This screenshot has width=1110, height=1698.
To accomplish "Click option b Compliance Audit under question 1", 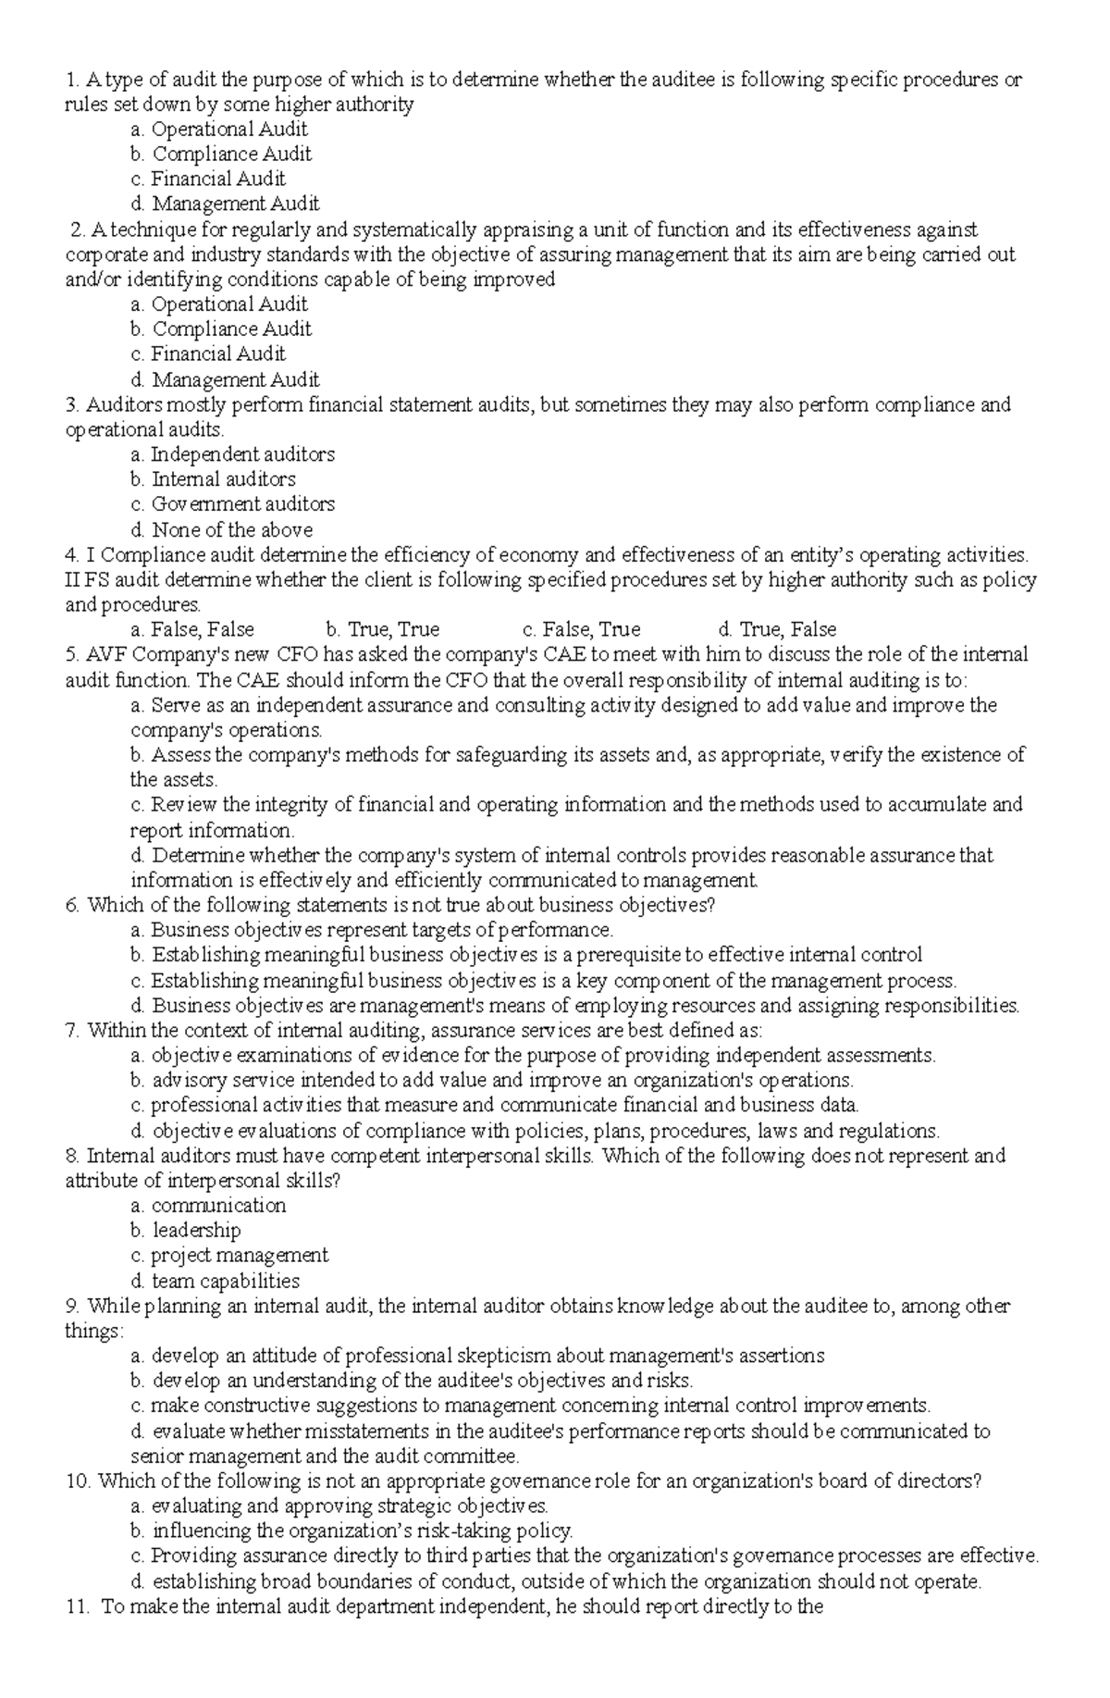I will click(x=231, y=154).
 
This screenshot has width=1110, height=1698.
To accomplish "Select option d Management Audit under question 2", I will click(x=235, y=379).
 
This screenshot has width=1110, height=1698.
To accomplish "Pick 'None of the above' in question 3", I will click(x=232, y=530).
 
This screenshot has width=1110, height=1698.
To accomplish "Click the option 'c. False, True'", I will click(x=581, y=630).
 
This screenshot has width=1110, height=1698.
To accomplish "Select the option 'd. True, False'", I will click(x=777, y=630).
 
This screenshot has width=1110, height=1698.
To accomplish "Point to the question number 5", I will click(x=72, y=655).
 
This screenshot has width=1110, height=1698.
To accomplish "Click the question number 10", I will click(x=78, y=1481).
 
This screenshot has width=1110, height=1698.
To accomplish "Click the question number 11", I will click(x=78, y=1607).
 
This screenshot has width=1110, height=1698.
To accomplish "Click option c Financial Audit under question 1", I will click(x=218, y=179).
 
